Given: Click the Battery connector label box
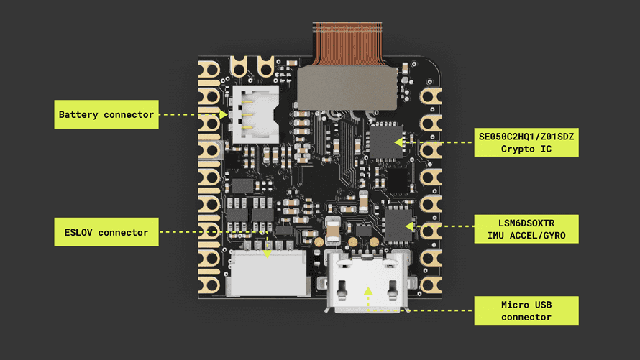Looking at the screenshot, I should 106,114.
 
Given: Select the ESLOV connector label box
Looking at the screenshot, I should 106,232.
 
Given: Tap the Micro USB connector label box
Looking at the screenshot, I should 526,310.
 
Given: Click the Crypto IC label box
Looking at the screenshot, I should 526,142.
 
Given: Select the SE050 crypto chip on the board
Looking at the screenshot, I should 386,142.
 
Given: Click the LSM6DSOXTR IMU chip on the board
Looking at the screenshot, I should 398,224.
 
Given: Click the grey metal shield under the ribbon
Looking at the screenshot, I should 348,88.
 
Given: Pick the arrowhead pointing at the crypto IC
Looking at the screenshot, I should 397,142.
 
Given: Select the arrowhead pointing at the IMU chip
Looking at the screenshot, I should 409,226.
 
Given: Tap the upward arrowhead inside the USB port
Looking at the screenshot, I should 367,291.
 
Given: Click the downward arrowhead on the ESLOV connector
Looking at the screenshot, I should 268,251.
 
